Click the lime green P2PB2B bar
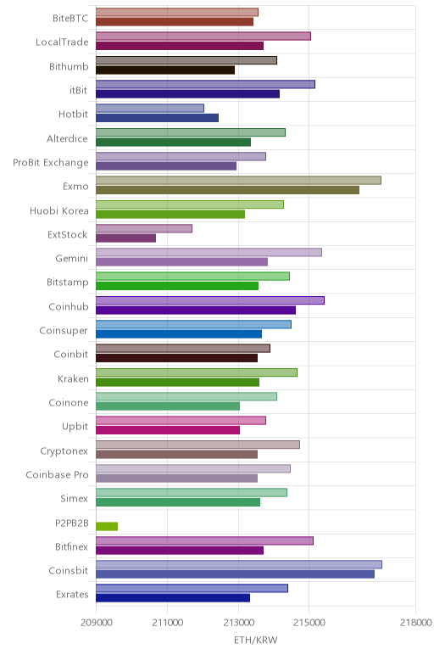click(x=107, y=526)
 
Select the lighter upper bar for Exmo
click(x=238, y=181)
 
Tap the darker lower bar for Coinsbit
click(x=235, y=574)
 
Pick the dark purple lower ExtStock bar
click(x=125, y=238)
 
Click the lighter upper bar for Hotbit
click(x=150, y=109)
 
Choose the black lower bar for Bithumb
click(x=165, y=70)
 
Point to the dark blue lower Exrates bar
click(x=173, y=598)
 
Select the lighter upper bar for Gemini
click(x=209, y=252)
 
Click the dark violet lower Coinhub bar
click(x=196, y=310)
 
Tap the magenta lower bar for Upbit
click(x=168, y=430)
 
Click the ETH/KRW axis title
click(x=255, y=640)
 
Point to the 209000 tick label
click(x=96, y=623)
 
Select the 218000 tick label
click(x=415, y=623)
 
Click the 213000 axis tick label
click(x=238, y=623)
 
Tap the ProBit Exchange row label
click(x=51, y=163)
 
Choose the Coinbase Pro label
click(x=57, y=474)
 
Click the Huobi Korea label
click(x=59, y=210)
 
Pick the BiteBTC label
click(x=70, y=18)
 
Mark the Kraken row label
click(x=73, y=378)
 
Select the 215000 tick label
click(x=309, y=623)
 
